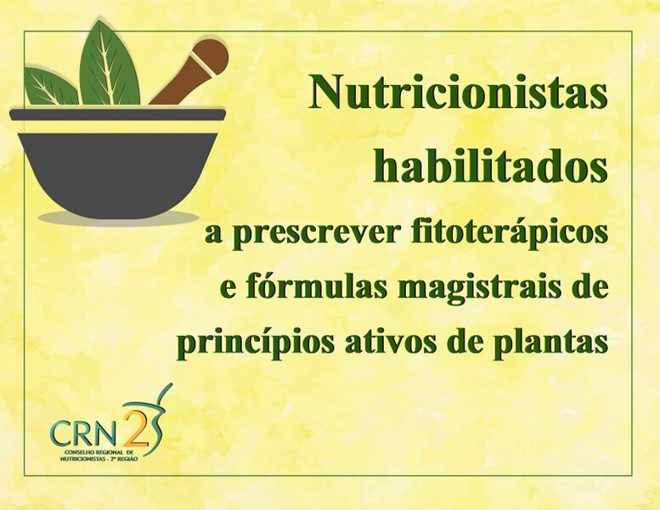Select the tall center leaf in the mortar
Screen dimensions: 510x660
pos(109,67)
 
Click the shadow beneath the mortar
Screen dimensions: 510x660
pos(118,218)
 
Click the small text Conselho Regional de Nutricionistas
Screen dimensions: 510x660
pos(98,455)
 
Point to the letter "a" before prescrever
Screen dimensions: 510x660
pos(213,235)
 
